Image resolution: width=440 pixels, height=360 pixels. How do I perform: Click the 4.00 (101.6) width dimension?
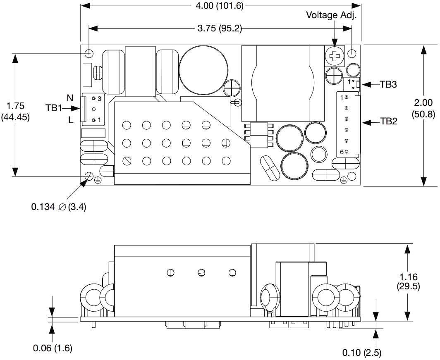pos(220,5)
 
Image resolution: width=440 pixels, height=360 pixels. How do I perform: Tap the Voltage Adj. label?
pos(331,15)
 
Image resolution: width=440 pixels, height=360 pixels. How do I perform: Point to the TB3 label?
pos(388,84)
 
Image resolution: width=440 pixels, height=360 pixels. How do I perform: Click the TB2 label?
pos(388,122)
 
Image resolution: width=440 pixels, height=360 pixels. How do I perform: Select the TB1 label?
pos(53,109)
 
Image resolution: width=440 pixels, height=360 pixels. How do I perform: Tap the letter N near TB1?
pos(70,98)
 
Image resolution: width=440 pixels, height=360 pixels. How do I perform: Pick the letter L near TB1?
pos(71,120)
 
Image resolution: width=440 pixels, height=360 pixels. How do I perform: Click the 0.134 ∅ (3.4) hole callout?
pos(58,207)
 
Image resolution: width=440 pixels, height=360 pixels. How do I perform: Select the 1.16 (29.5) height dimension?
pos(408,281)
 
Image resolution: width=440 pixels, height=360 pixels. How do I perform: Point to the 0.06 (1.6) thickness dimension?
pos(53,348)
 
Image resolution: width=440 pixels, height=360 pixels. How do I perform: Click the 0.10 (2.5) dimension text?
pos(361,353)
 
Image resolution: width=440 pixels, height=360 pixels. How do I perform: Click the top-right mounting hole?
pos(352,53)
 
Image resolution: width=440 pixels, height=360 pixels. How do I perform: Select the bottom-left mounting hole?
pos(89,176)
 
